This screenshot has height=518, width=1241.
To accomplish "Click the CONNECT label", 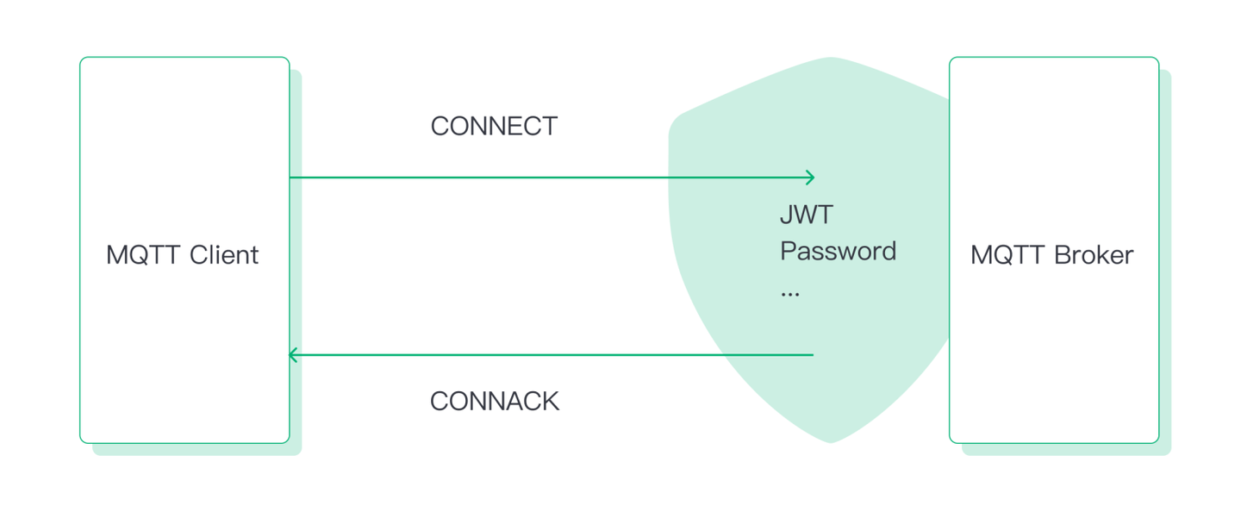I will point(494,127).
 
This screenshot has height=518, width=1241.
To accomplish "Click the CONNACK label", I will point(494,401).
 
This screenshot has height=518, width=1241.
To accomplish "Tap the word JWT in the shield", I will point(807,215).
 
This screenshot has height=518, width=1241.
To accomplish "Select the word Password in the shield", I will point(838,252).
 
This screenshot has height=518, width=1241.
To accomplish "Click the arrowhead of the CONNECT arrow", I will point(811,178).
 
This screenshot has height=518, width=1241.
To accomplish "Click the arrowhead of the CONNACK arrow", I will point(292,354).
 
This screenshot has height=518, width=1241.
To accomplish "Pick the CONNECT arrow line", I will point(552,178).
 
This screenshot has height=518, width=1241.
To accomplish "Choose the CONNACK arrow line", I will point(552,354).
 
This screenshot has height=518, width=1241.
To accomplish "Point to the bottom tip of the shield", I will point(831,442).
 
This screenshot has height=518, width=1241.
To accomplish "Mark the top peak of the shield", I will point(831,59).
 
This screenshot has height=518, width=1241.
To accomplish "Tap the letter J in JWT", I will point(786,215).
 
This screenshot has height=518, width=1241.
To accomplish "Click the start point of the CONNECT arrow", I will point(291,178).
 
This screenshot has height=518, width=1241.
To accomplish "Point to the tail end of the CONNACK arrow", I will point(812,354).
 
